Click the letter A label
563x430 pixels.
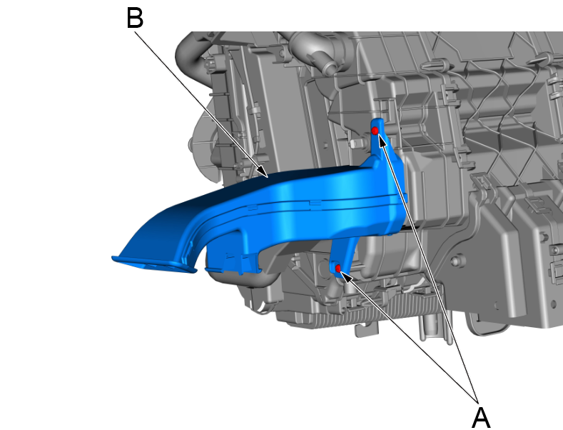(x=480, y=417)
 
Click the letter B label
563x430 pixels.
(x=135, y=18)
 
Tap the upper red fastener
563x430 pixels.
(x=375, y=131)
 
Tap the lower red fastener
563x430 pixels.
(x=338, y=268)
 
